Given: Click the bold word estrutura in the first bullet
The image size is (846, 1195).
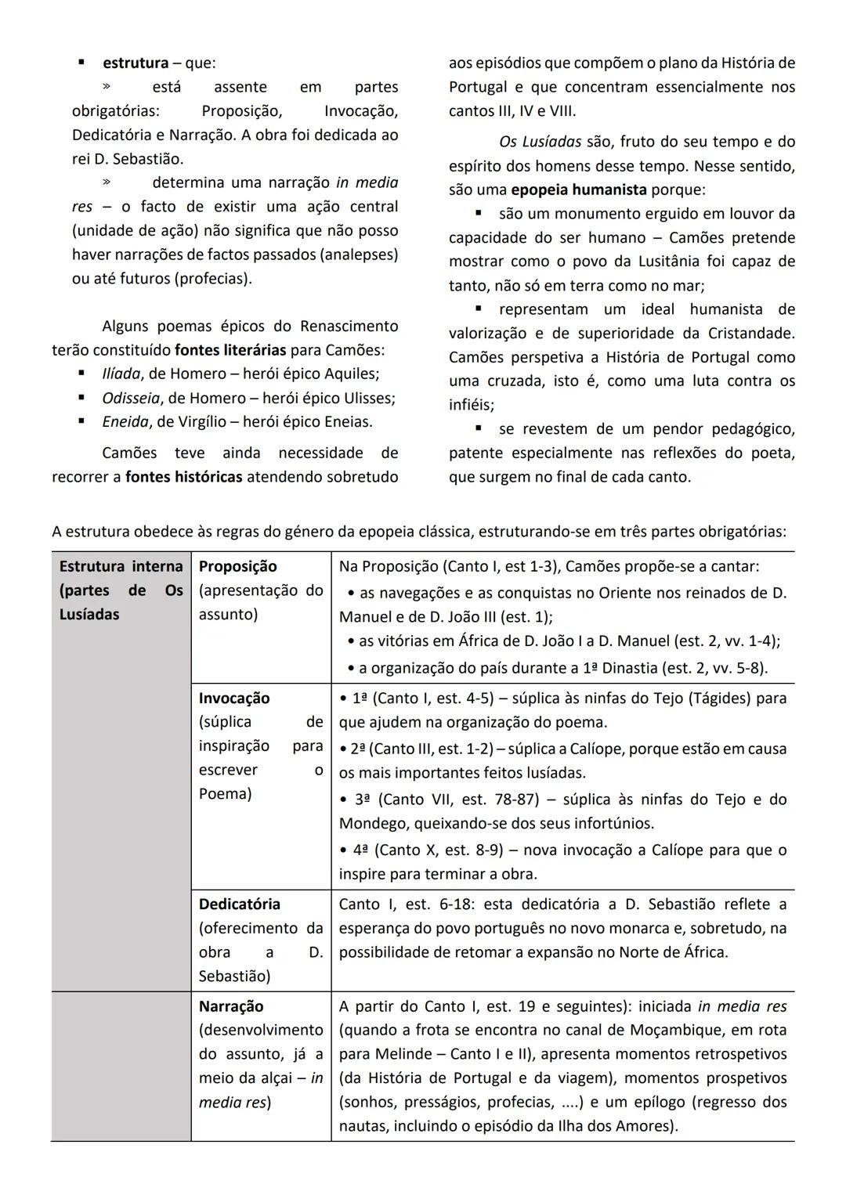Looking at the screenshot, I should [x=136, y=63].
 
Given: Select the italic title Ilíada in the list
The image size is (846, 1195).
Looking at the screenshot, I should [x=121, y=374].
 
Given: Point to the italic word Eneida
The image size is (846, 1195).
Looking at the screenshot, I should [x=125, y=421].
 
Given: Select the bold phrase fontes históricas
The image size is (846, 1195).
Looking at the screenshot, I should [x=183, y=476].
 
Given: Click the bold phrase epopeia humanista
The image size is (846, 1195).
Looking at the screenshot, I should [x=578, y=190].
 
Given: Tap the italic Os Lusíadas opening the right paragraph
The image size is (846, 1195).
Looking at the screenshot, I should [x=540, y=142].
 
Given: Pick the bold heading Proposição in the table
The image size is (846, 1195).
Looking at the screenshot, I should [x=237, y=566].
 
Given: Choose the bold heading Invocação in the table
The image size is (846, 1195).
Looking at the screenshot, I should [x=233, y=698].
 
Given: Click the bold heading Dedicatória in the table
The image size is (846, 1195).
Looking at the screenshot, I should [x=239, y=904].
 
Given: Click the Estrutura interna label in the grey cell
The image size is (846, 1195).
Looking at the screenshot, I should [x=121, y=566].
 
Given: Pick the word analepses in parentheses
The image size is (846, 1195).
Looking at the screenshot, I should [x=357, y=255].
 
